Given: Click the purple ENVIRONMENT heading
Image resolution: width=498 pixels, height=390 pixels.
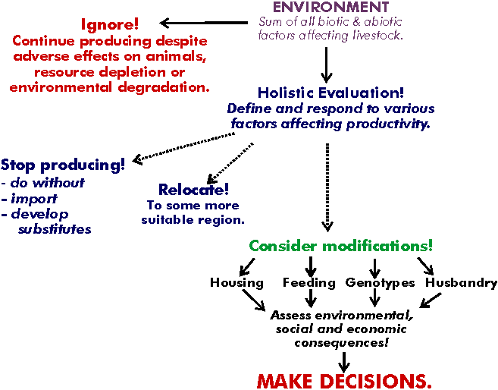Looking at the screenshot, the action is point(331,7).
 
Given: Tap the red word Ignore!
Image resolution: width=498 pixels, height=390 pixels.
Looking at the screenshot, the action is point(110,24).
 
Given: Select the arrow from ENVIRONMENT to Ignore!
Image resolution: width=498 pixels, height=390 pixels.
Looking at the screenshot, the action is point(204,23).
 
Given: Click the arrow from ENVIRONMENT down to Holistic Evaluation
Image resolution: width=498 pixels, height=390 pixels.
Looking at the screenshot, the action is point(327,64).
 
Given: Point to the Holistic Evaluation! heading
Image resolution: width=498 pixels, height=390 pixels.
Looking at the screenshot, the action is point(330,93).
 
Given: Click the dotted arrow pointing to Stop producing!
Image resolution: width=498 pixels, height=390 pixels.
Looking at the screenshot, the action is point(183,149).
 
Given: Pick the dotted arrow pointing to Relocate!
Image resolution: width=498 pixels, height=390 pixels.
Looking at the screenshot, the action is point(230,164).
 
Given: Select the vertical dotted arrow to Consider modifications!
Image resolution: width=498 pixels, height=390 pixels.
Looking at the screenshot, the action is point(327,187).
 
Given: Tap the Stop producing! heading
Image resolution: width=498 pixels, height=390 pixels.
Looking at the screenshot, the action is point(63,165).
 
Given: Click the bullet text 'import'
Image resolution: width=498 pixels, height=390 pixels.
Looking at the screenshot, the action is point(34,199).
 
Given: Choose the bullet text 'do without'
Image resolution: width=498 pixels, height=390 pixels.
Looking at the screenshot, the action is point(48,183).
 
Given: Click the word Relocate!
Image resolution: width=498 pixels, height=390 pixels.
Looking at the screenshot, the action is point(193,190).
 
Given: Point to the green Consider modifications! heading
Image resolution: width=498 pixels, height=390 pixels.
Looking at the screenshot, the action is point(341,246).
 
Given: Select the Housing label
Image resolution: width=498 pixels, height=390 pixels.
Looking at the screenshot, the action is point(237,283).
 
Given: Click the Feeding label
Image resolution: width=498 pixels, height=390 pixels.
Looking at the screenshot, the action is point(309,283).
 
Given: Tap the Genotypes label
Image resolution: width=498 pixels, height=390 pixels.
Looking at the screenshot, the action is point(381,283).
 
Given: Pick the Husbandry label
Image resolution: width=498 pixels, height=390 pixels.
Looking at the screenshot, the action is point(461,283).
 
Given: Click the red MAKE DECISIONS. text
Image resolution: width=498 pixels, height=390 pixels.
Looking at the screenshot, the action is point(344,381).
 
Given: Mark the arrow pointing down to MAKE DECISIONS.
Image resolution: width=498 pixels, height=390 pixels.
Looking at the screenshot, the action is point(344,362).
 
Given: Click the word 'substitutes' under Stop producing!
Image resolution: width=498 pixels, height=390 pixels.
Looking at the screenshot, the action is point(55,229).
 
